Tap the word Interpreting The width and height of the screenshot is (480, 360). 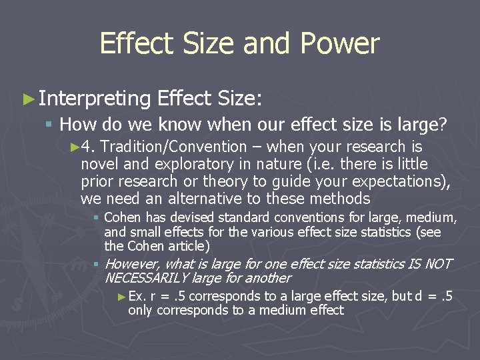tap(95, 99)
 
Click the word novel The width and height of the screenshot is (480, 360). tap(99, 164)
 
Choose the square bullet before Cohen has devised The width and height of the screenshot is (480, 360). tap(97, 218)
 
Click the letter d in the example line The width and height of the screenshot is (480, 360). tap(418, 296)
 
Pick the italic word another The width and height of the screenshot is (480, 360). tap(268, 278)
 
